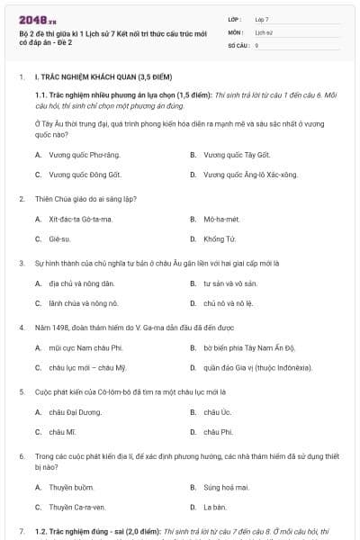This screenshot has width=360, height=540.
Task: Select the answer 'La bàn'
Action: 214,507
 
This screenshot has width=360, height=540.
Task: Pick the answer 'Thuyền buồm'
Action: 71,487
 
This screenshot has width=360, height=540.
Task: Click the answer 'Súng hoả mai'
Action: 226,487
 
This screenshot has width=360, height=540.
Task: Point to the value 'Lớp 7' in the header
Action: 262,18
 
